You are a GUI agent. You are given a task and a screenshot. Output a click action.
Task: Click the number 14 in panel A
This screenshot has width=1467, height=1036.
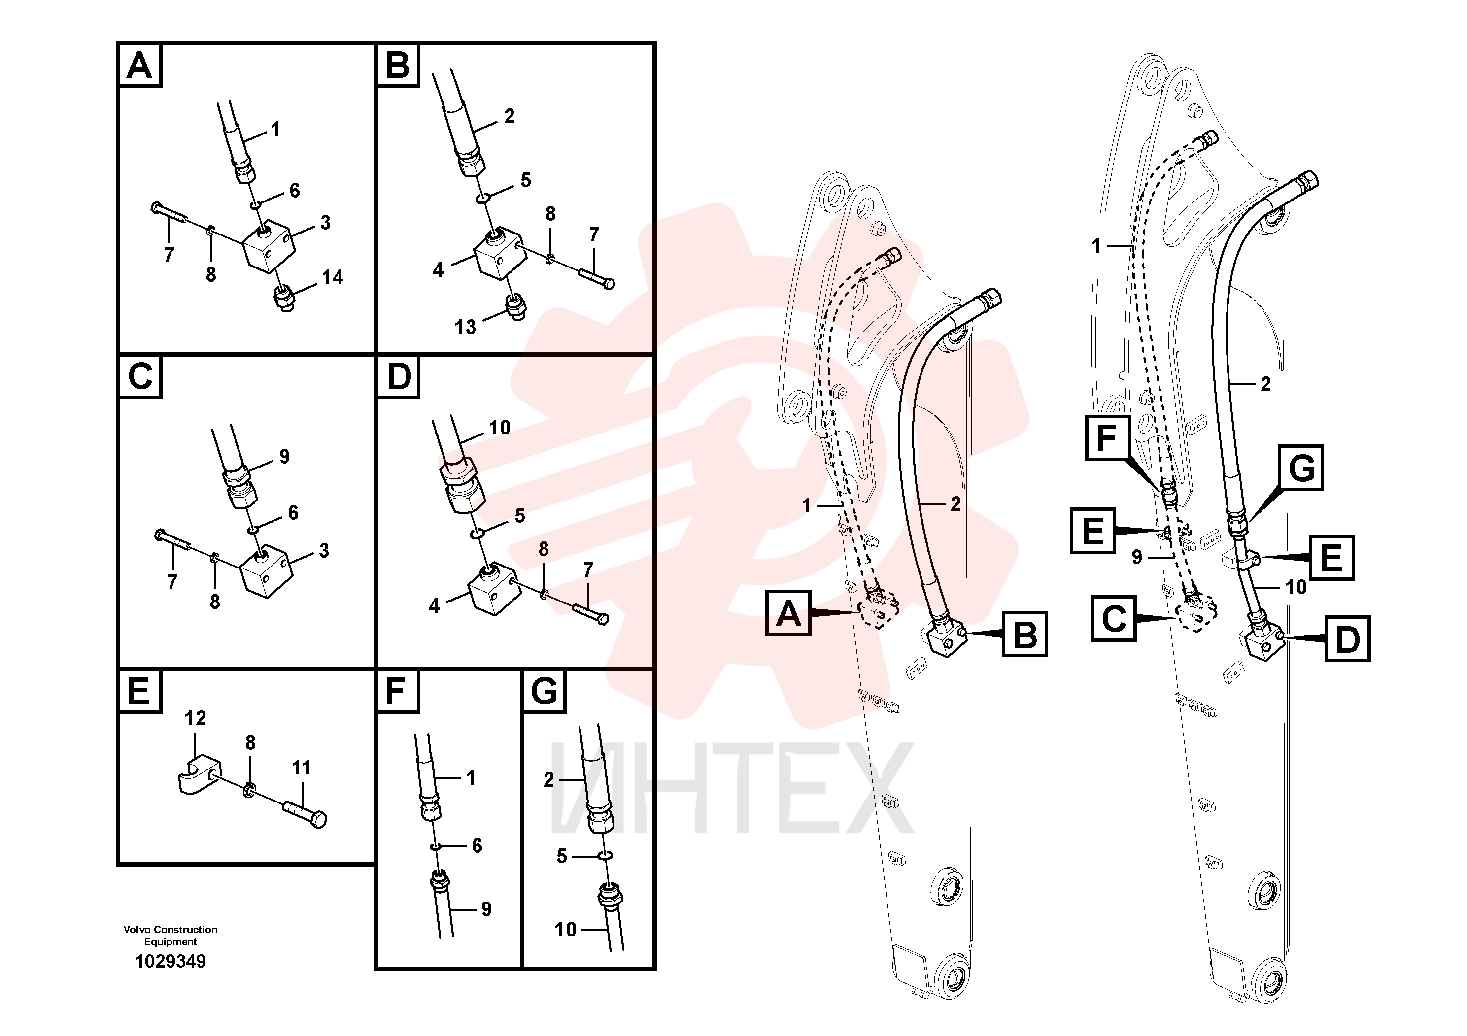coord(332,277)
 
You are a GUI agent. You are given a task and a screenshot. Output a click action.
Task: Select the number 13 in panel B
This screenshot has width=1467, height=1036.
coord(465,327)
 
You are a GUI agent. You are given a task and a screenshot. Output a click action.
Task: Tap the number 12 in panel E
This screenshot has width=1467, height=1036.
coord(196,719)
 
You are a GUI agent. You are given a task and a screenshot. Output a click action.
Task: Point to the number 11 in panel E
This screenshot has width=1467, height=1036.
coord(302,767)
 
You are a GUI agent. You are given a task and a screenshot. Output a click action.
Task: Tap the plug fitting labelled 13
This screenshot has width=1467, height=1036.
coord(514,307)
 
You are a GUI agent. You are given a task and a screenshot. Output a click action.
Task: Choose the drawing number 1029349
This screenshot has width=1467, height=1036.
coord(171,961)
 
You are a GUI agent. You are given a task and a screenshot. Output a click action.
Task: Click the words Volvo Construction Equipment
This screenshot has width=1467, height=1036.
coord(171,936)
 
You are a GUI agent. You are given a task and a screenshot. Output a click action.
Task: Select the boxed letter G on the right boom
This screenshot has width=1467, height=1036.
coord(1301,468)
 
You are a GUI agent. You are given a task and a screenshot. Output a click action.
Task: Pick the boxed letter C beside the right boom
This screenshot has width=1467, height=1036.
coord(1114,618)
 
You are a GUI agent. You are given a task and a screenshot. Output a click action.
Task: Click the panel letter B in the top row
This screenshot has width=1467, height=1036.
coord(397,65)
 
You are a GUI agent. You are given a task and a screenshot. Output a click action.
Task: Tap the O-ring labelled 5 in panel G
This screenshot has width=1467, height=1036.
coord(606,855)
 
